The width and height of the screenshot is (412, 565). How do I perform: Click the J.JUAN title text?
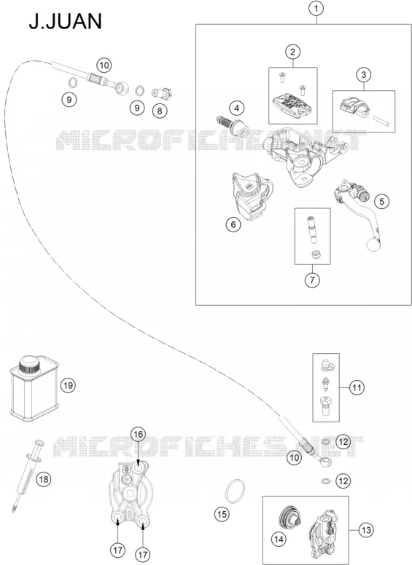coord(66,21)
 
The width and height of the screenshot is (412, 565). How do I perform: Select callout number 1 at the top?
coord(316,8)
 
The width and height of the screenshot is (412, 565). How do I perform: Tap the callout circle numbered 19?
coord(68,386)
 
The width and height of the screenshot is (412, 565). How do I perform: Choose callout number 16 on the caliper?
coord(139,434)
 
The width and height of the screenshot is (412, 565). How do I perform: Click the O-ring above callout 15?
coord(235,491)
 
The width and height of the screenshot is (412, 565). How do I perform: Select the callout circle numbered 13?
coord(366,530)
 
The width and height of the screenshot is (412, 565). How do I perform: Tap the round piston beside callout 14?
coord(291,518)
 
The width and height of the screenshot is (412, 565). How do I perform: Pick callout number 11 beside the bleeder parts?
coord(357,388)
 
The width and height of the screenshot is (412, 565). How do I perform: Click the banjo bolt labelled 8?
coord(162,94)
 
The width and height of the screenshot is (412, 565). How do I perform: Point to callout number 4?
coord(237,108)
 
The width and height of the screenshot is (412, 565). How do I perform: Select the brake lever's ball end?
coord(373,245)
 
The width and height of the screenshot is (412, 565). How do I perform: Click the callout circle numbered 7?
coord(312,280)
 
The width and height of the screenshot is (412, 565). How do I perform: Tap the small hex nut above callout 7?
coord(315,254)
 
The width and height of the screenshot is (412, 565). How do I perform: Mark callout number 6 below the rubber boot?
coord(233,224)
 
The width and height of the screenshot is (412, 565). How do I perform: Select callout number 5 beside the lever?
coord(381,201)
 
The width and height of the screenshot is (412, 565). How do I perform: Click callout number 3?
coord(363,74)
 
